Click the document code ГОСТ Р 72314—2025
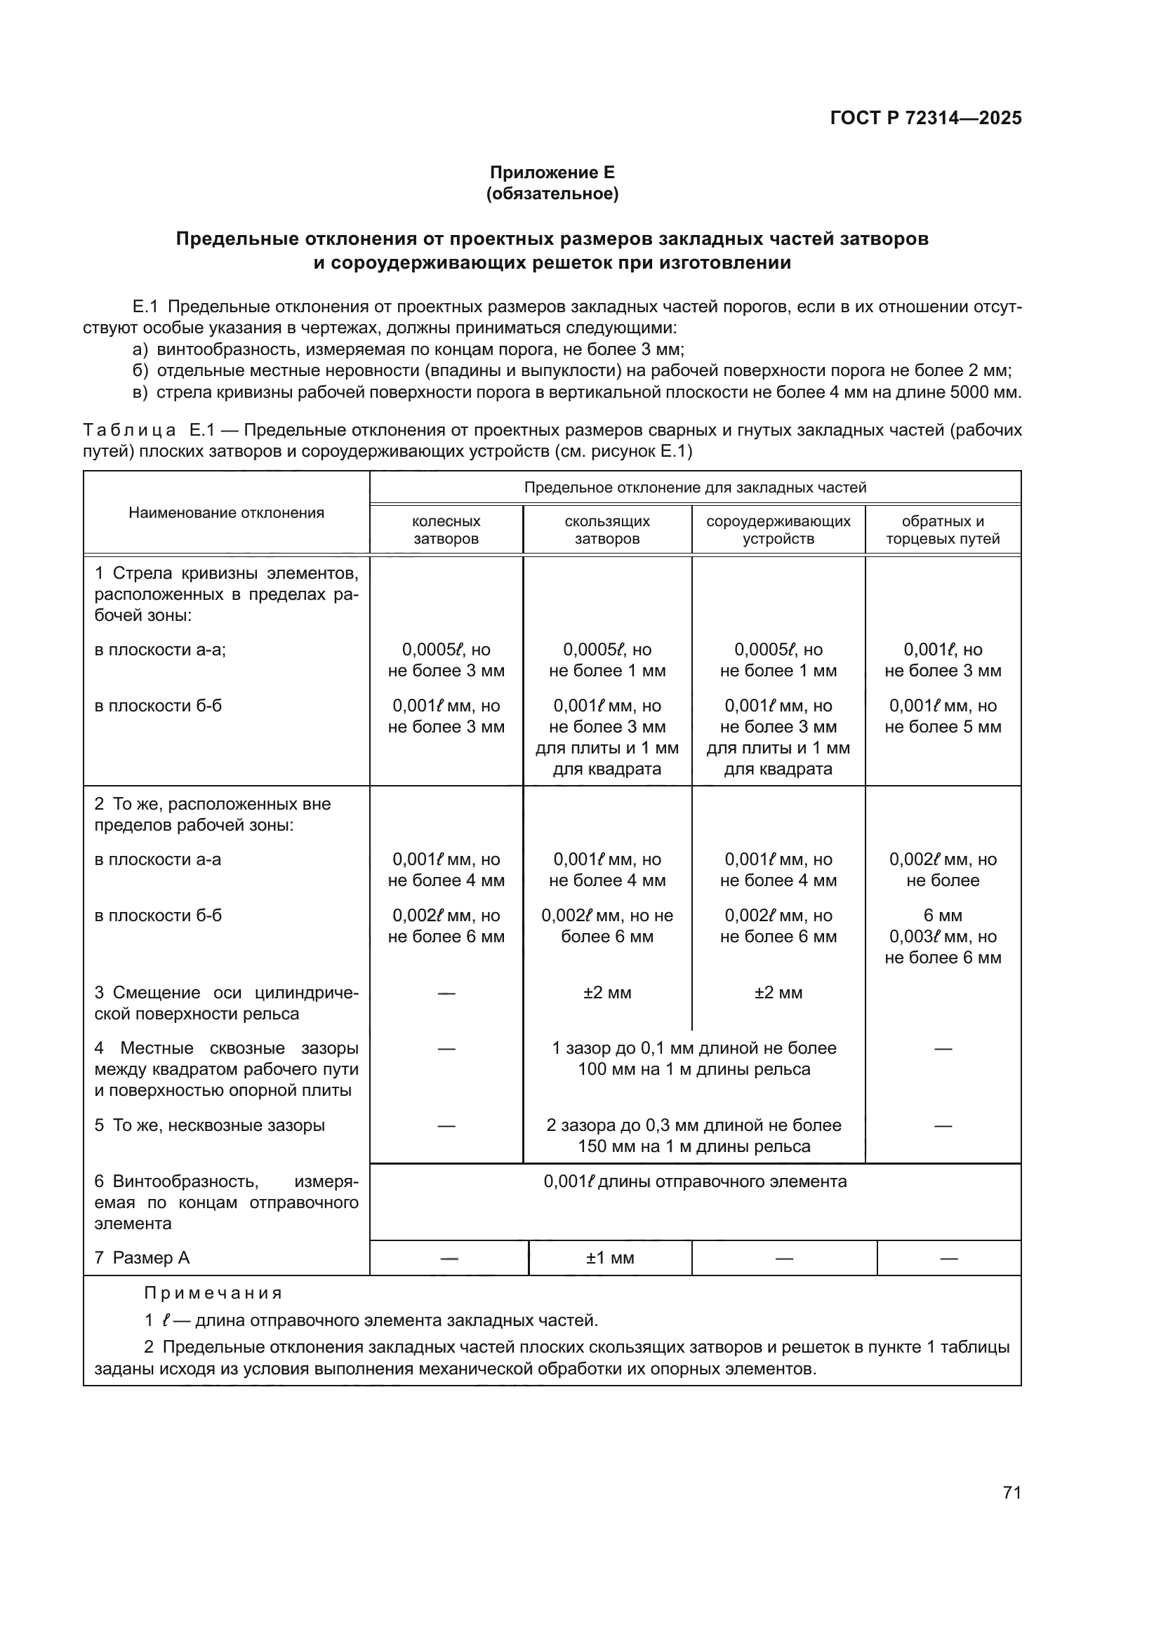926,118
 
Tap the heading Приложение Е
552,173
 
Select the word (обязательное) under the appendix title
552,194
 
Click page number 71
1011,1492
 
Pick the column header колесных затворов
447,530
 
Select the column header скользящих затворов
607,530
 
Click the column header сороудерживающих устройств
778,530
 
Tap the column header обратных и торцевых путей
942,530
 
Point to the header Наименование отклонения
226,512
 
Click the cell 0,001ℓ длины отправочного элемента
695,1181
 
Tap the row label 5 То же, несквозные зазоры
209,1125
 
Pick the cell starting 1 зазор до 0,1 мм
694,1059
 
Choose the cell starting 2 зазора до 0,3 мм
694,1136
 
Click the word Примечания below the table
213,1293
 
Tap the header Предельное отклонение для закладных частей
695,488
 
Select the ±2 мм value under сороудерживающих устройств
778,993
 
